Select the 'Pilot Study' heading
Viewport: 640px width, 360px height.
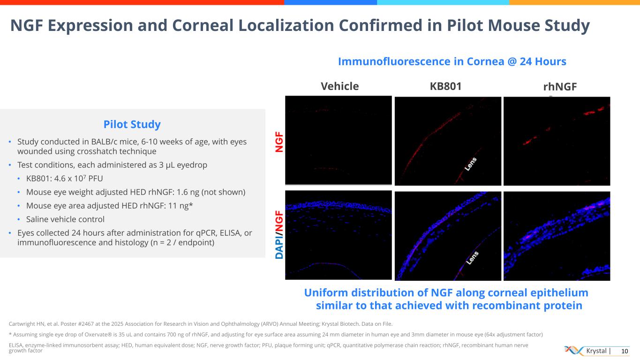[132, 124]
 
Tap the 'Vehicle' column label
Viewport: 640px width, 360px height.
[339, 86]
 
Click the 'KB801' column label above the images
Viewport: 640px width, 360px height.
[445, 86]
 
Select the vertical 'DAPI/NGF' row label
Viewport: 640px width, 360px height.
[279, 234]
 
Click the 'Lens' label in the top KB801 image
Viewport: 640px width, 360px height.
[470, 165]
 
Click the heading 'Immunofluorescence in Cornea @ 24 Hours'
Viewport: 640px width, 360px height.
[452, 61]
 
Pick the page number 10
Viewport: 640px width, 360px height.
[624, 351]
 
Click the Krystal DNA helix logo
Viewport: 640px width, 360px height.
[573, 351]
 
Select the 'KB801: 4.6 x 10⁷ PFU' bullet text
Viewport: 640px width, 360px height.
[64, 178]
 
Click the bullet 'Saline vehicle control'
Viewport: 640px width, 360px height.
[65, 219]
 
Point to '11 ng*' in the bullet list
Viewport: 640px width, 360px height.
[181, 205]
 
